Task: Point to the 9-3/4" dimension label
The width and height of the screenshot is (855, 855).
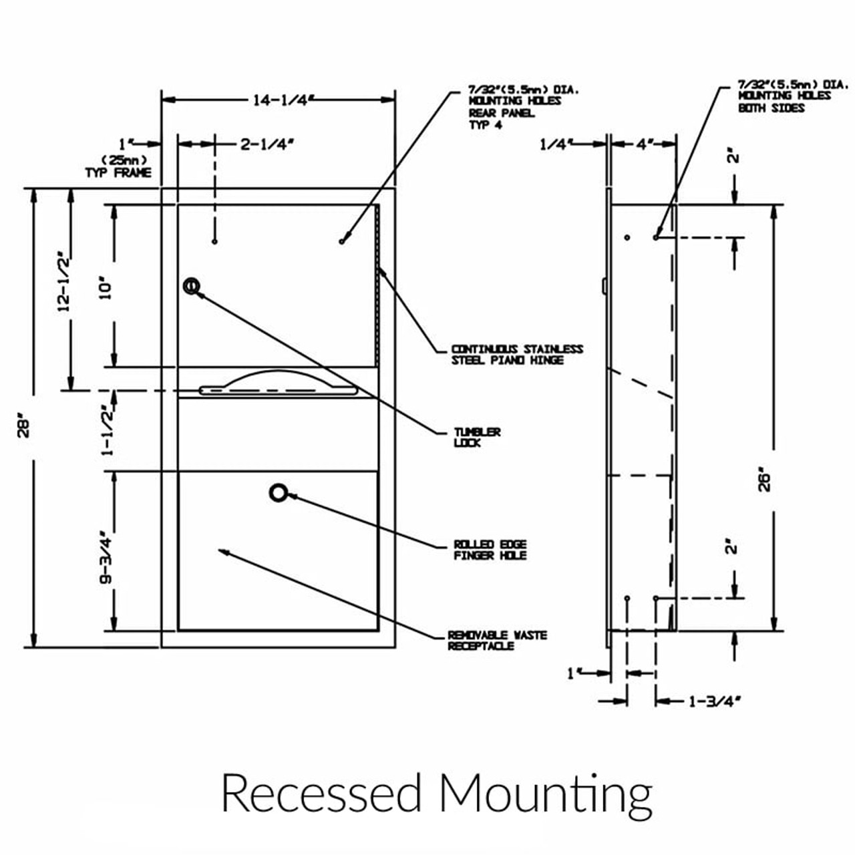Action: click(x=106, y=558)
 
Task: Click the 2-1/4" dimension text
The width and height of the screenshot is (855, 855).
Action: click(x=267, y=144)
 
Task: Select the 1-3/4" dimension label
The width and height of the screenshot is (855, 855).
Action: click(x=715, y=701)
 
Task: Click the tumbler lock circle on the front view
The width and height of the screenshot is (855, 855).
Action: click(x=192, y=287)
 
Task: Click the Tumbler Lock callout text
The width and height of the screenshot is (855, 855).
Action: click(x=477, y=437)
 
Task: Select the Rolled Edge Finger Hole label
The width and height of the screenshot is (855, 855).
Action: click(x=490, y=550)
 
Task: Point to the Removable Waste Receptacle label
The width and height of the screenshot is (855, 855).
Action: click(x=497, y=640)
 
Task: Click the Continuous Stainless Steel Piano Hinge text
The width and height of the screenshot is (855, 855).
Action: click(x=516, y=354)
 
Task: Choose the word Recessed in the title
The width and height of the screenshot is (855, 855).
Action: click(x=321, y=793)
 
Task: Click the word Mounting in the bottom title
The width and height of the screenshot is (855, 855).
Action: click(x=545, y=793)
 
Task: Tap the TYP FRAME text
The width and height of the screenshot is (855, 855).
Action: click(x=118, y=172)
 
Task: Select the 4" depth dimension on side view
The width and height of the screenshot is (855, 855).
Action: click(x=644, y=144)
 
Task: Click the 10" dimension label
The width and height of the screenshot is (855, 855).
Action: click(x=106, y=287)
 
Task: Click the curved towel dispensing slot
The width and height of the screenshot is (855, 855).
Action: click(x=278, y=383)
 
